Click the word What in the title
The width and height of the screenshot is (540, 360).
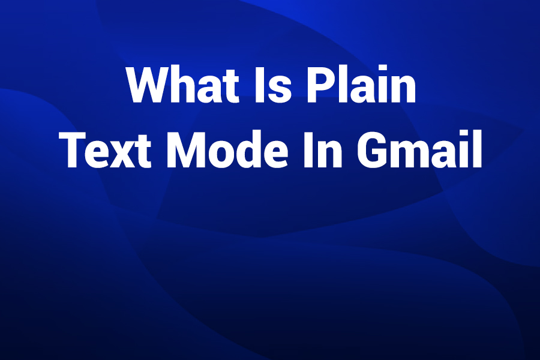tap(183, 85)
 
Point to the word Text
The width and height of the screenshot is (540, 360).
tap(108, 150)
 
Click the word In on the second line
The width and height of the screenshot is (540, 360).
tap(322, 150)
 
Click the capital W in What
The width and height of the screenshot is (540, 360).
tap(150, 85)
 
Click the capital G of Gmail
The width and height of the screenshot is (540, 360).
tap(371, 150)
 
